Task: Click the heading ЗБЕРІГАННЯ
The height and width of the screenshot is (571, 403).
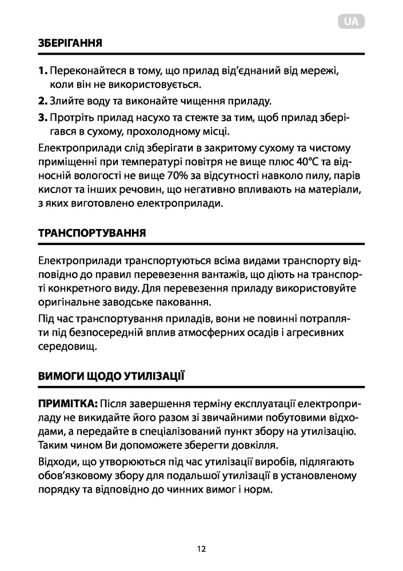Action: [x=70, y=43]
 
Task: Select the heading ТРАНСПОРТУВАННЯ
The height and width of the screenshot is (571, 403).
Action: [x=91, y=234]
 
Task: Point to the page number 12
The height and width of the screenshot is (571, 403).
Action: [x=201, y=549]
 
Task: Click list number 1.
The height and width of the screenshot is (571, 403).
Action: [x=43, y=71]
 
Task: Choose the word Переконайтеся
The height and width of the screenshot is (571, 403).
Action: [x=83, y=71]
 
